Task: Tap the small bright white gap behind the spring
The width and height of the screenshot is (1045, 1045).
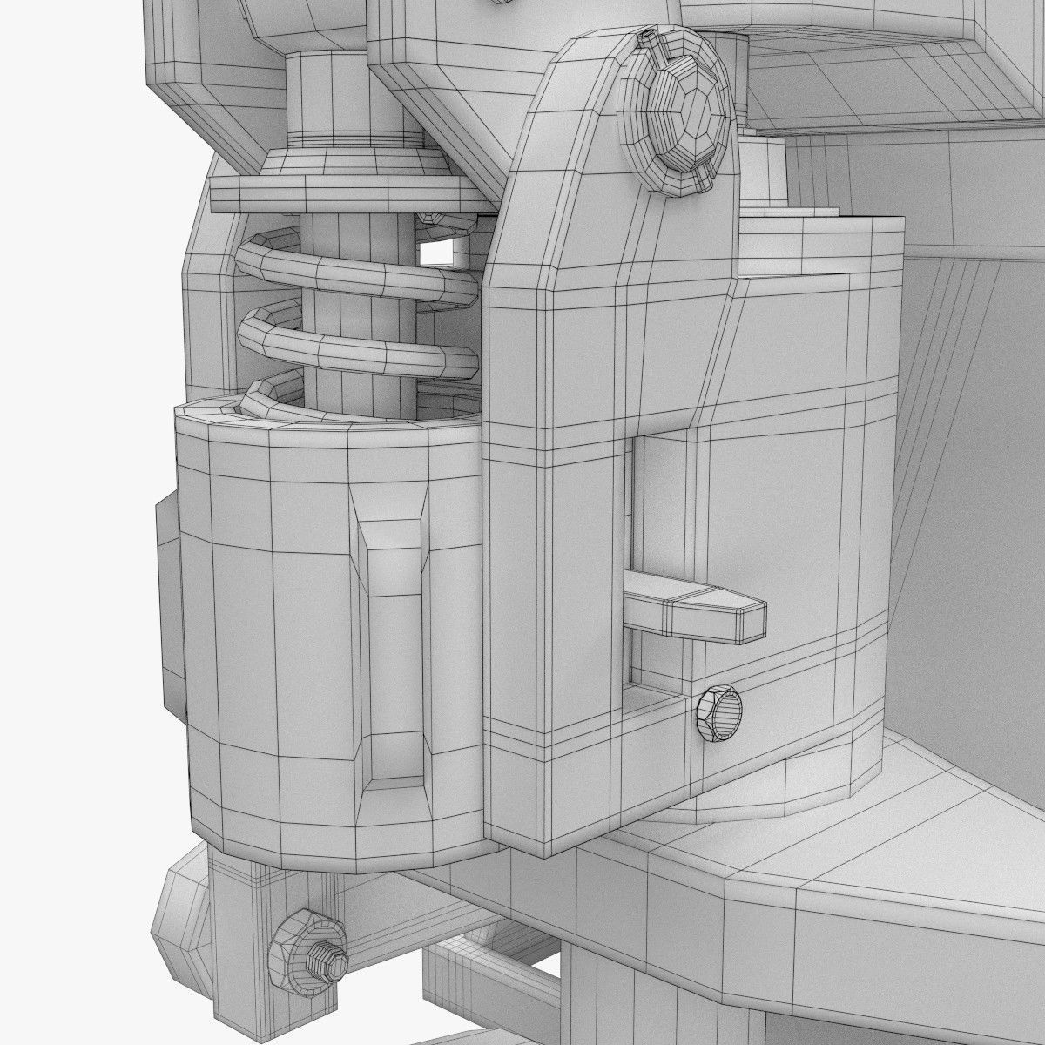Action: click(442, 253)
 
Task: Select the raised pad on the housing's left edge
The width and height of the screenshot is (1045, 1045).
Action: click(169, 610)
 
